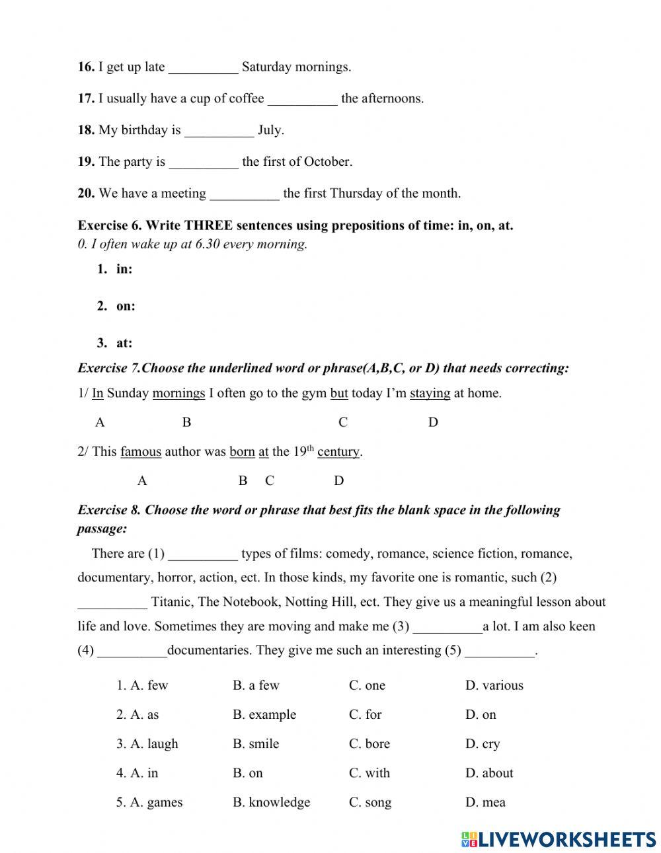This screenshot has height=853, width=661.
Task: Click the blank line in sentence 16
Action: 203,68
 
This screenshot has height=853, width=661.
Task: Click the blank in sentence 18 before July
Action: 219,131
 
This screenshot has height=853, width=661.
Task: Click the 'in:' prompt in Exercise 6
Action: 124,269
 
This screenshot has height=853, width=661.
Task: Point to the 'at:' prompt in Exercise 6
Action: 124,343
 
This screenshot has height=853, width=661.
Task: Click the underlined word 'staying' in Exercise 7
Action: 430,394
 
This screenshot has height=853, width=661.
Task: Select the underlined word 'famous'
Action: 140,452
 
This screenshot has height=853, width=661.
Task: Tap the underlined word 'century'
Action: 338,452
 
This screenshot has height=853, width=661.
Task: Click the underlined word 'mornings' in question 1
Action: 178,394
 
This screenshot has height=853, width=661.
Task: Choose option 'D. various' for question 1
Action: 494,686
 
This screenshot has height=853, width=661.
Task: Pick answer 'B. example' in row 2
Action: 264,715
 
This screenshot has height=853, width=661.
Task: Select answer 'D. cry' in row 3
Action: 483,744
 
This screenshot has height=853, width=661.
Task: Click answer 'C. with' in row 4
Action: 369,773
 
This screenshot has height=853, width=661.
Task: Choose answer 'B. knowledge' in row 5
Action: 271,803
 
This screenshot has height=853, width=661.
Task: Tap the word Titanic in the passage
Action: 171,602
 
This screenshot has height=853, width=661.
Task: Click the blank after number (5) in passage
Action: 500,651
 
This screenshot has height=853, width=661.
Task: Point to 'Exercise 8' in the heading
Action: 109,510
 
